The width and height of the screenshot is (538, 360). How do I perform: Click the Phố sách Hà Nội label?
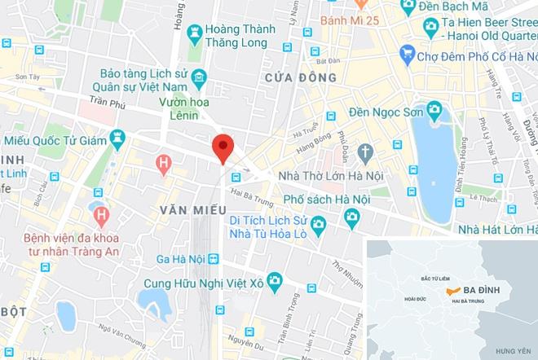coord(327,198)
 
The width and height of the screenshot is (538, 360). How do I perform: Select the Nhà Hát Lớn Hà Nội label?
coord(495,229)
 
